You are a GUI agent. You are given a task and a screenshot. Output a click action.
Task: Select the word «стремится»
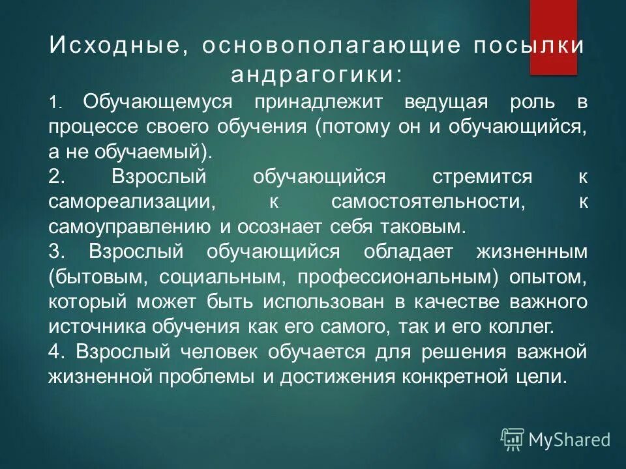pos(483,177)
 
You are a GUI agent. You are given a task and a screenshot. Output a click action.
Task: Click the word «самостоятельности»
pos(428,202)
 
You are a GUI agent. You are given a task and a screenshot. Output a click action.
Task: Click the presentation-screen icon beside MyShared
pos(512,439)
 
